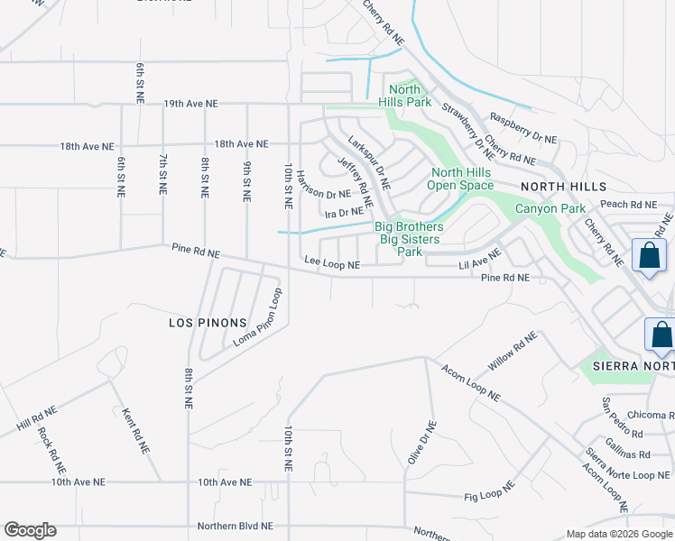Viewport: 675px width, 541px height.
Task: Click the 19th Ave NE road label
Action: click(x=190, y=105)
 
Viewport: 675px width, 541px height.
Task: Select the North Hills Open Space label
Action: click(x=461, y=179)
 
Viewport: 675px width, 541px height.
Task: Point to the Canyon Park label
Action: click(x=544, y=209)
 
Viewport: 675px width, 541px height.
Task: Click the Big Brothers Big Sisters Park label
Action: click(x=409, y=240)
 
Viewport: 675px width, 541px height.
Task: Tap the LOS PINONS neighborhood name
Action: click(x=208, y=323)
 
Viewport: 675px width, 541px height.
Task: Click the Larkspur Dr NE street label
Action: click(x=368, y=162)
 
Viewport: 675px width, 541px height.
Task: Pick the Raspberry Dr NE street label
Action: click(x=522, y=128)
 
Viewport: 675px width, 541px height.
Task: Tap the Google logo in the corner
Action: click(x=30, y=530)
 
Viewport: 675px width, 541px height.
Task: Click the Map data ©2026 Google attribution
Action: click(x=618, y=534)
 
